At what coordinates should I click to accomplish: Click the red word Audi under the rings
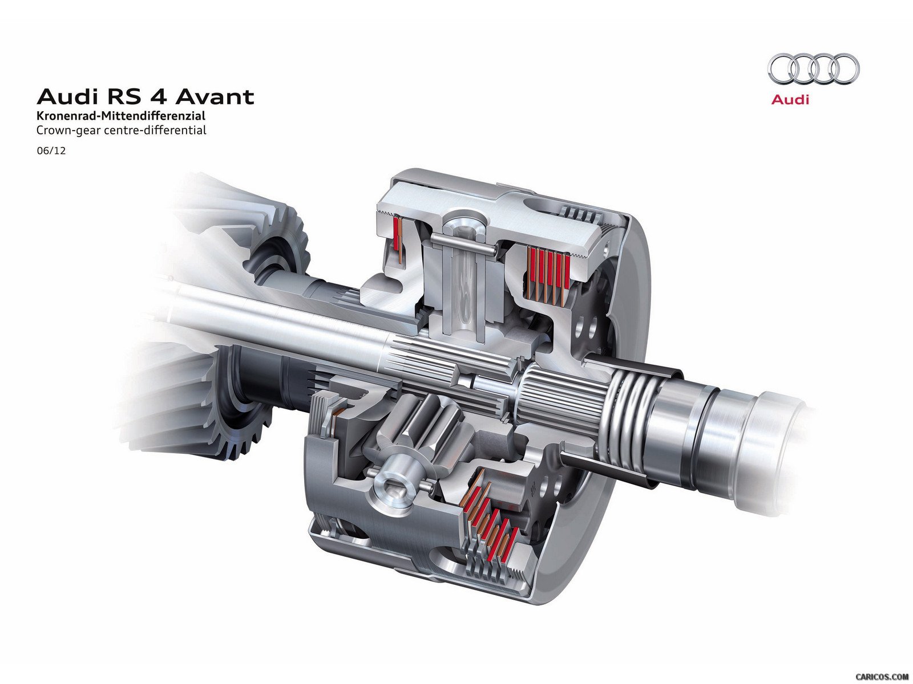click(790, 100)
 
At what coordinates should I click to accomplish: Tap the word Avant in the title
click(215, 97)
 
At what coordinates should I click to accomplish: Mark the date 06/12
click(51, 150)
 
